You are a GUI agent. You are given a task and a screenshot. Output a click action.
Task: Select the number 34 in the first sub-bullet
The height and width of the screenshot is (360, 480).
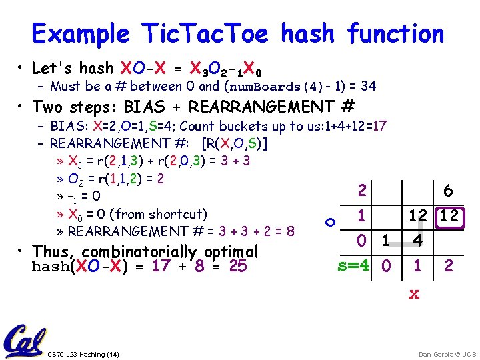[x=367, y=86]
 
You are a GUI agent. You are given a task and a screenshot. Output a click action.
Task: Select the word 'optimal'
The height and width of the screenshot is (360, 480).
[x=231, y=251]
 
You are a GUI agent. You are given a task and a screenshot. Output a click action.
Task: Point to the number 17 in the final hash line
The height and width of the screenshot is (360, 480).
[x=161, y=267]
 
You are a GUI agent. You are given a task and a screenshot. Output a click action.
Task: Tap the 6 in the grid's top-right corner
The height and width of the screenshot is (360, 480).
[x=448, y=191]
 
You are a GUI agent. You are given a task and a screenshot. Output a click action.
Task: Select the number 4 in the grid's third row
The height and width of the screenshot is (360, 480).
[x=416, y=239]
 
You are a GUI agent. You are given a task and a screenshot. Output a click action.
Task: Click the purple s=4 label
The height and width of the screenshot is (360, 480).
[x=353, y=266]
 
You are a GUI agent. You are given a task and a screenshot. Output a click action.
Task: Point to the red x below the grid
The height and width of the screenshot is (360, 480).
[x=414, y=293]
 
